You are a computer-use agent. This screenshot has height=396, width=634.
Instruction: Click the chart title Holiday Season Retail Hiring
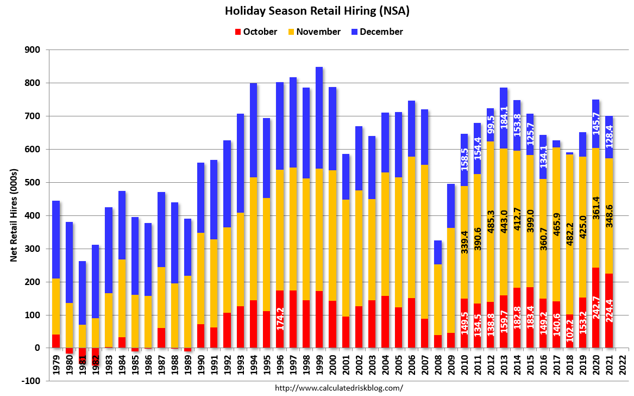(317, 10)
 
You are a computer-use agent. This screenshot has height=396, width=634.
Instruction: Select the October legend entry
(255, 32)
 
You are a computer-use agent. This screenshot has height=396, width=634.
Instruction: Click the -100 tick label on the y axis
(32, 381)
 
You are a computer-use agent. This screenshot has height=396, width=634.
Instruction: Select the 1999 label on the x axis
(319, 364)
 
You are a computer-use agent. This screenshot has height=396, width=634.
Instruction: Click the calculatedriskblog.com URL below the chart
(339, 388)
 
